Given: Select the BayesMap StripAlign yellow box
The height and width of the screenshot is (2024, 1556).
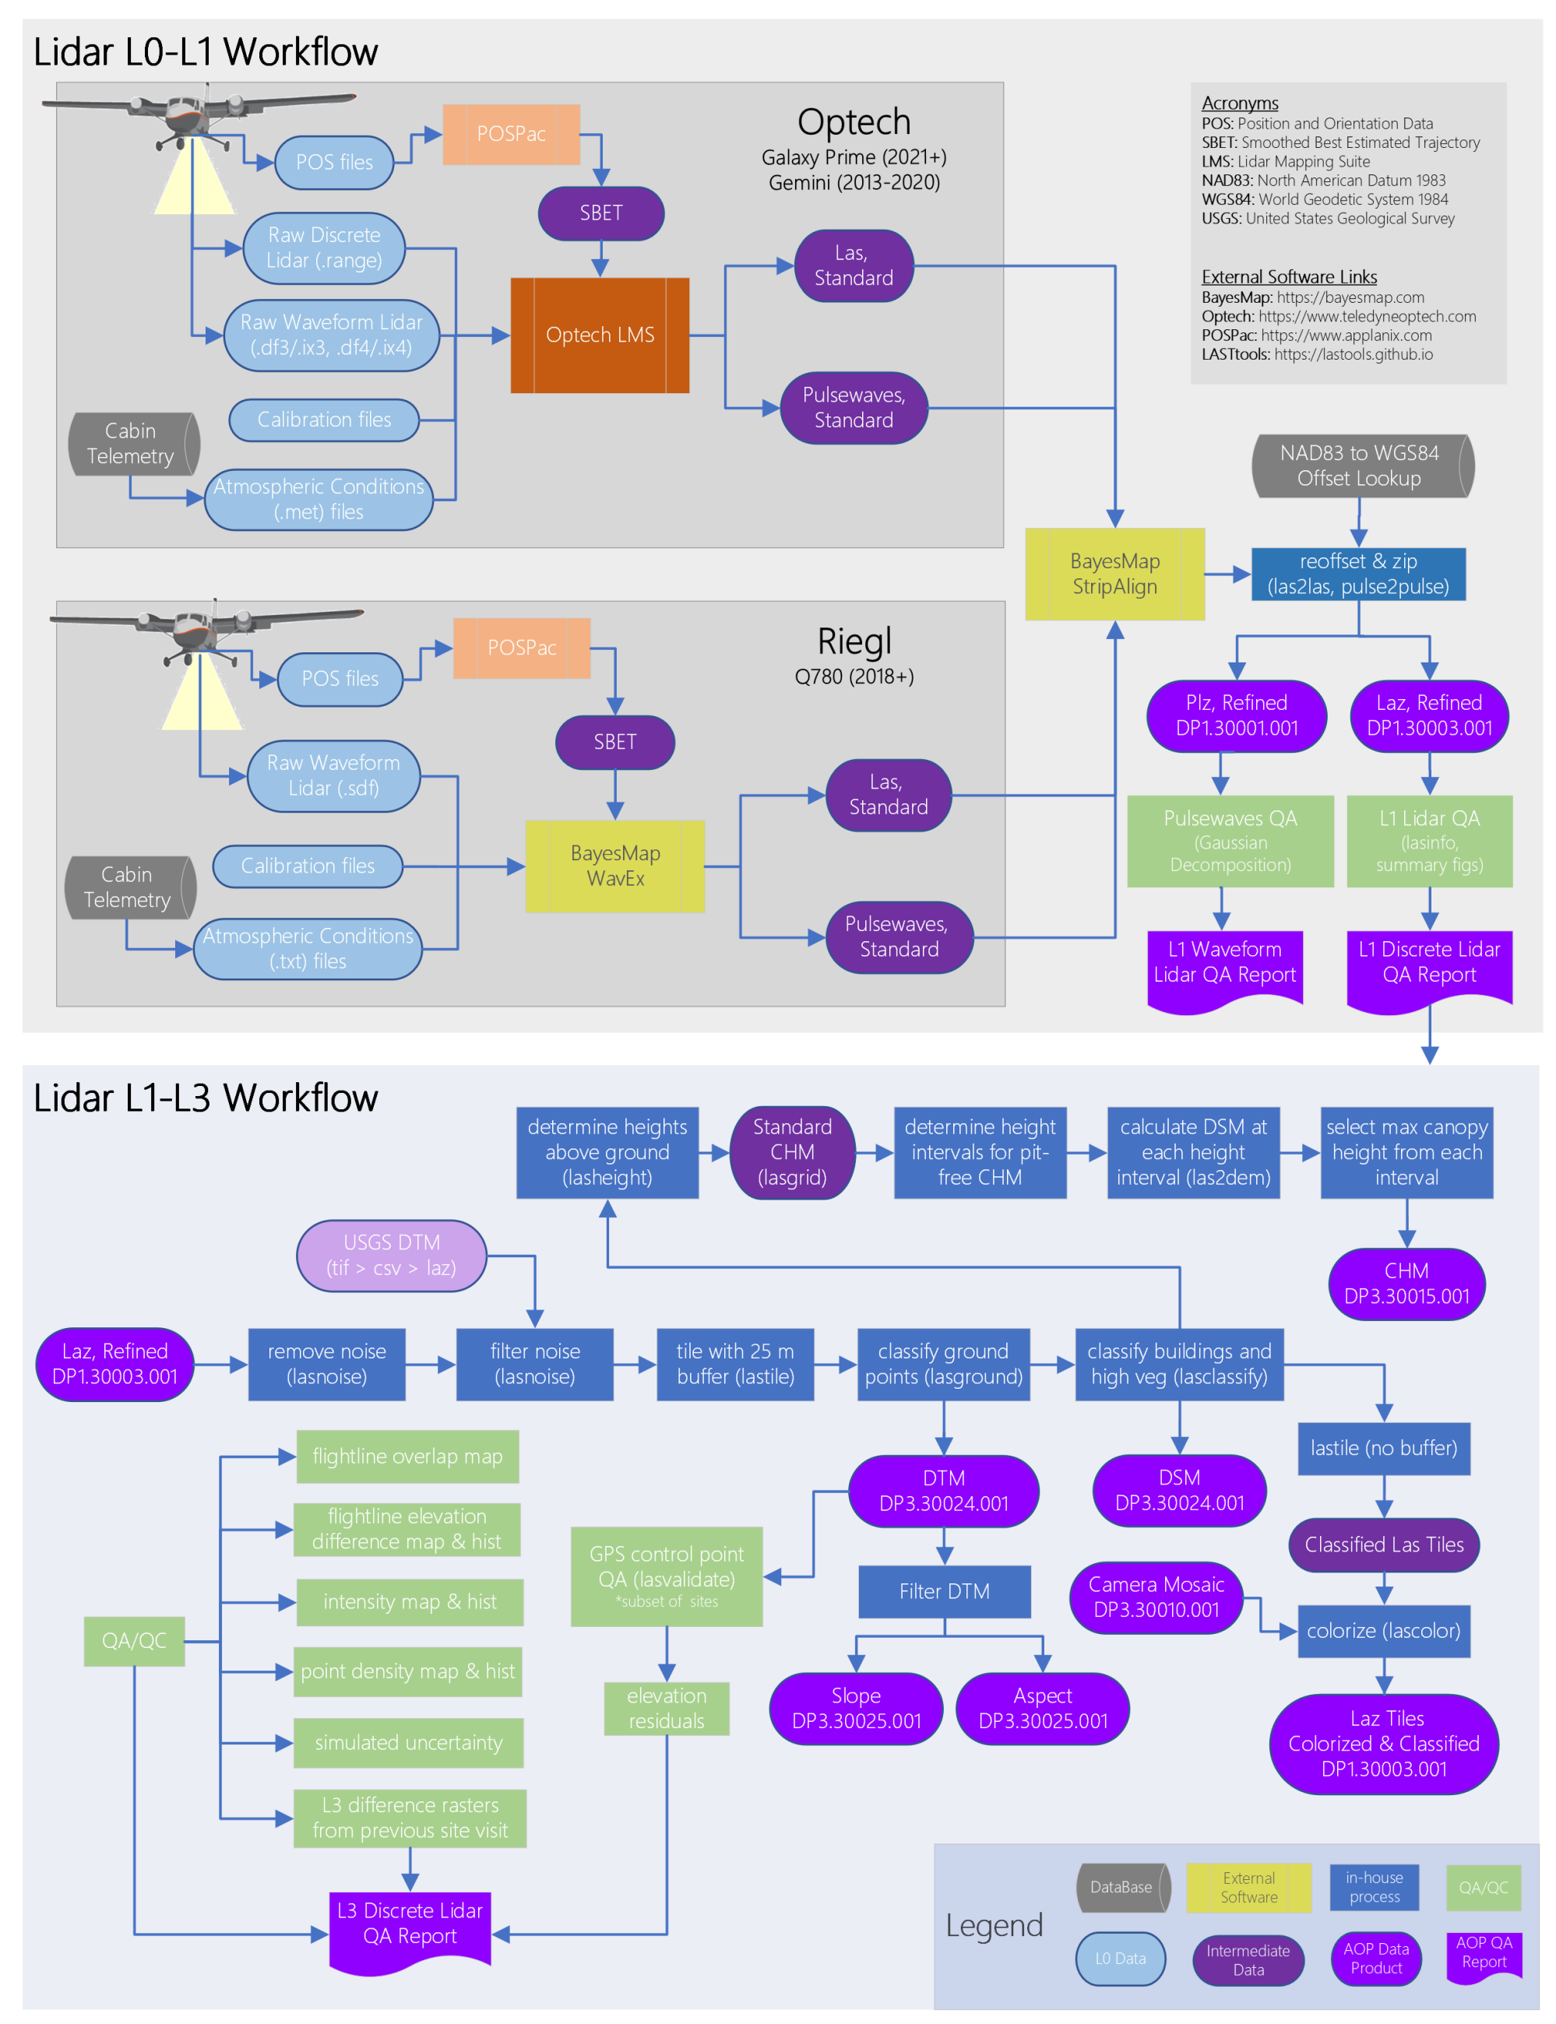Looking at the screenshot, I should (x=1114, y=574).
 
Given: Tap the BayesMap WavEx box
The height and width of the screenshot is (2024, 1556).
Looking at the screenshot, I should (x=615, y=866).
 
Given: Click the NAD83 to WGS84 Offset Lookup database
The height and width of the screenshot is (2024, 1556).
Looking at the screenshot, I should (x=1359, y=466).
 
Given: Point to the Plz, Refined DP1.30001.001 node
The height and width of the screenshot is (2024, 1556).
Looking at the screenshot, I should (x=1236, y=715).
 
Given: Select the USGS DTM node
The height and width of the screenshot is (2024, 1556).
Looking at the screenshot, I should (x=391, y=1255).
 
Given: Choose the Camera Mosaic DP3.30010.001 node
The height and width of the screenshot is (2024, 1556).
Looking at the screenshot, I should (x=1156, y=1597).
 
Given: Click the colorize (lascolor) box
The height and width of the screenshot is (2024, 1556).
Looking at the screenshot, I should (x=1383, y=1631).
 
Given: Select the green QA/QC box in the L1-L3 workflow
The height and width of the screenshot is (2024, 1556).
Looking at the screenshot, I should (x=134, y=1641).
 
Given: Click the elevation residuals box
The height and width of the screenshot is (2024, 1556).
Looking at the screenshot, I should (x=666, y=1708).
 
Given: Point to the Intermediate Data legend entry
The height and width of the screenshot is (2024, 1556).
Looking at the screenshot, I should (x=1248, y=1959).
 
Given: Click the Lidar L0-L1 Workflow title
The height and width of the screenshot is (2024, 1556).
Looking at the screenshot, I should (x=206, y=52).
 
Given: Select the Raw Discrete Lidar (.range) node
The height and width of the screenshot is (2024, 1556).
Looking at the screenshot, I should (x=324, y=248).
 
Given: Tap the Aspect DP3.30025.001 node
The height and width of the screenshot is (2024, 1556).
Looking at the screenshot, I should (x=1042, y=1708).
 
